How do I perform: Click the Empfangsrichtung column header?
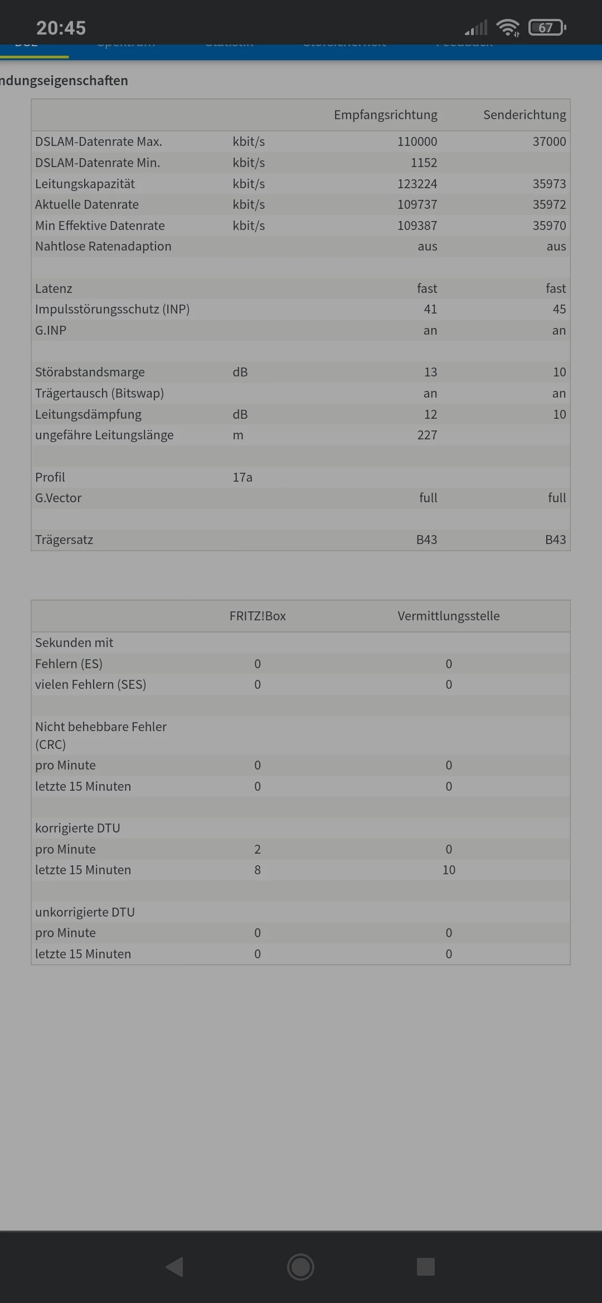coord(385,115)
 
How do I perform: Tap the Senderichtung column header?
coord(524,115)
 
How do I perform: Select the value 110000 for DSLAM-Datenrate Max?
coord(417,142)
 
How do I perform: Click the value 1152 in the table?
coord(424,163)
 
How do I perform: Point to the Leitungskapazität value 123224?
coord(417,184)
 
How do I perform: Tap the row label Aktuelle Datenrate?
coord(87,205)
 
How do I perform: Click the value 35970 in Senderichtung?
coord(549,226)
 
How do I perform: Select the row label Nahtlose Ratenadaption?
coord(103,247)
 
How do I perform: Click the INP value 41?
coord(430,310)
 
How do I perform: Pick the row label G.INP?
coord(51,331)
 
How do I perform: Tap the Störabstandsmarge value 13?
coord(430,373)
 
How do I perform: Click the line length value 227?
coord(427,435)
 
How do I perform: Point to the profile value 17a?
coord(242,478)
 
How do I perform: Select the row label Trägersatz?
coord(64,540)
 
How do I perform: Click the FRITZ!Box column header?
coord(258,616)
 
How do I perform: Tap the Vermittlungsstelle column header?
coord(449,616)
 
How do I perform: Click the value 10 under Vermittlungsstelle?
coord(449,870)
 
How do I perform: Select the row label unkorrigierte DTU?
coord(85,913)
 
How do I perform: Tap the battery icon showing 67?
coord(547,27)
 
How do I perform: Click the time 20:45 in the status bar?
coord(61,28)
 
